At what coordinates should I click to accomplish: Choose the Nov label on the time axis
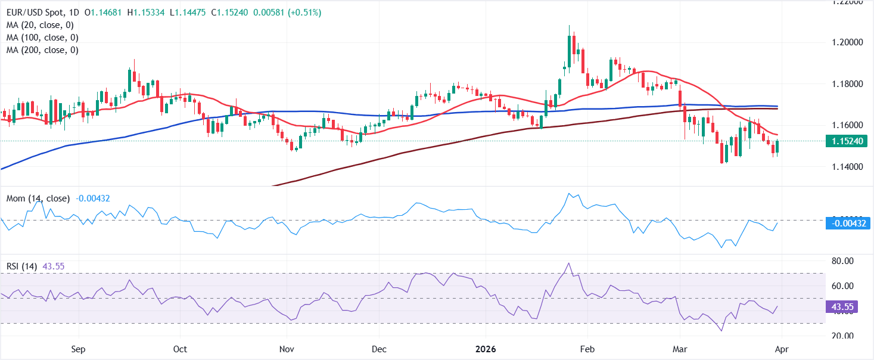coord(287,349)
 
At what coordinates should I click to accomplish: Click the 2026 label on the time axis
coord(486,349)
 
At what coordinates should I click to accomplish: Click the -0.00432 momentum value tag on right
coord(848,224)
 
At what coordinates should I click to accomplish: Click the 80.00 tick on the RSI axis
coord(843,261)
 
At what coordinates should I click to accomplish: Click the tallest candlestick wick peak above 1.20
coord(570,26)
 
